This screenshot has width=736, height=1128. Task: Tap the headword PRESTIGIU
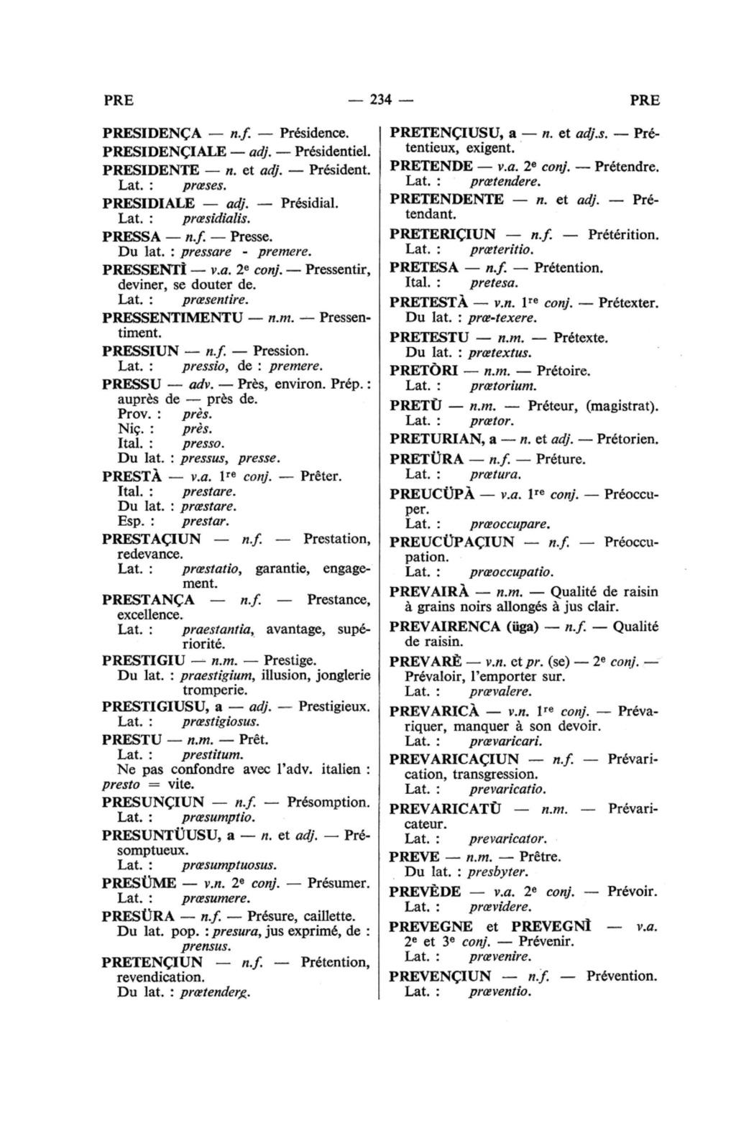click(x=144, y=660)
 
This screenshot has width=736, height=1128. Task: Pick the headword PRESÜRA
click(x=138, y=916)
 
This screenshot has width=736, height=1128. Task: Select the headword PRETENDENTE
click(x=446, y=200)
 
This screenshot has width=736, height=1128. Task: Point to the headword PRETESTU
click(x=428, y=337)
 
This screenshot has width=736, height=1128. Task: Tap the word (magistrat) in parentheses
click(x=622, y=406)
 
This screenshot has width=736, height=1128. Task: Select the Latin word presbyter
click(x=498, y=872)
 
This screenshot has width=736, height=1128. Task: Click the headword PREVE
click(x=414, y=857)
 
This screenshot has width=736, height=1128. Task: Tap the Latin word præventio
click(x=500, y=992)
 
